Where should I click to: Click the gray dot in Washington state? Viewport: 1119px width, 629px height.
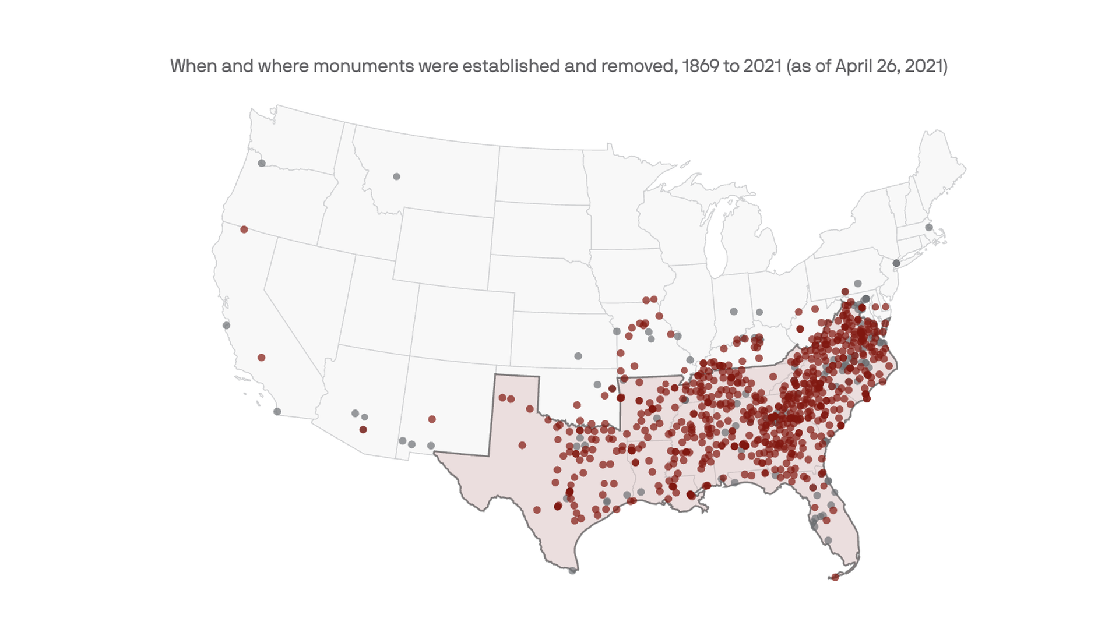[x=262, y=163]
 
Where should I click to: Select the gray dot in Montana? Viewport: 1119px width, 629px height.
[x=396, y=176]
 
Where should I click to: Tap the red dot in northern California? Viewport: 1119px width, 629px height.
[x=244, y=229]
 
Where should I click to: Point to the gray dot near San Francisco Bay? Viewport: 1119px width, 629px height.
[x=226, y=326]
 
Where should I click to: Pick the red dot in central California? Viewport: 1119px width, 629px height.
[x=262, y=358]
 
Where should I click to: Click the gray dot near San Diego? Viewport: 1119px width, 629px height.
[x=277, y=412]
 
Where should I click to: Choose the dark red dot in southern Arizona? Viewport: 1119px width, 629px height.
[x=363, y=430]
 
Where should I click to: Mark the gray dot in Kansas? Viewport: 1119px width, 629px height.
[x=578, y=356]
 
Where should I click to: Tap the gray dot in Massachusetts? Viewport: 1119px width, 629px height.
[x=929, y=228]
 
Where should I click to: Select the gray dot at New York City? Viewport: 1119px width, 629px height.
[x=896, y=263]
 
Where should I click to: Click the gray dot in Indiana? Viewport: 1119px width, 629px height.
[x=734, y=312]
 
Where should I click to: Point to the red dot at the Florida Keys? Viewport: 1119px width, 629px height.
[x=835, y=577]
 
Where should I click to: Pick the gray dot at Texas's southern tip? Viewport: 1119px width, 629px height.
[x=572, y=571]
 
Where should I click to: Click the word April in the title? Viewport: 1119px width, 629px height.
[x=854, y=66]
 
